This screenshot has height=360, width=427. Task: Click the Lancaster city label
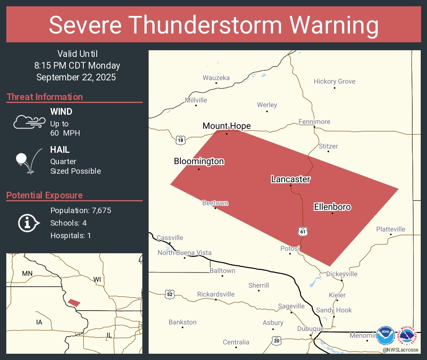[291, 179]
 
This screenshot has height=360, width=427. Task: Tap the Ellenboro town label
[332, 207]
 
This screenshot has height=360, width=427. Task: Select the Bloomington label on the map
[199, 161]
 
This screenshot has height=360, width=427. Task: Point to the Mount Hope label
[226, 126]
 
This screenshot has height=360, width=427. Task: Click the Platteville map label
[391, 229]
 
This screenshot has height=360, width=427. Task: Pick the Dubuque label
[310, 329]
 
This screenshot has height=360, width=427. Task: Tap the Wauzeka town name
[216, 77]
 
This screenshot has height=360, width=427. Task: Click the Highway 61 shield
[303, 231]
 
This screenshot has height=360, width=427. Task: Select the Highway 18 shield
[180, 140]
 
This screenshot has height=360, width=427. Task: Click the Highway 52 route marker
[169, 294]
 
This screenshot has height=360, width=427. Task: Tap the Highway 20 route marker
[276, 341]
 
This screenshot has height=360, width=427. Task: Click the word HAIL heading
[60, 150]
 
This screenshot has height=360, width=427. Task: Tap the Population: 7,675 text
[80, 211]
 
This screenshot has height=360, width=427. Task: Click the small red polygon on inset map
[74, 302]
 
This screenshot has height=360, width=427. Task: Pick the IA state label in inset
[39, 322]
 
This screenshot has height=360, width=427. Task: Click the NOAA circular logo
[385, 336]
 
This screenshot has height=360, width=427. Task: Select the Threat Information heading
[44, 97]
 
